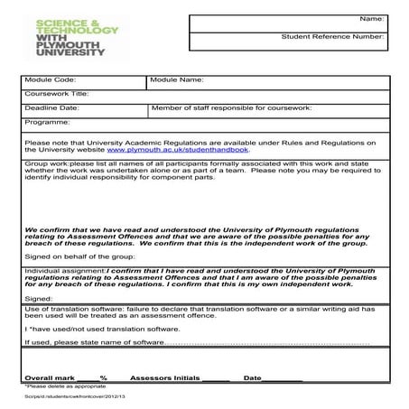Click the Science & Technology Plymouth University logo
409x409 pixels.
coord(77,38)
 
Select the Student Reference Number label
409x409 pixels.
coord(334,38)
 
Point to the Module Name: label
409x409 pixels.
coord(177,80)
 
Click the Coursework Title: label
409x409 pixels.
coord(57,94)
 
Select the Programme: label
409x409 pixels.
coord(48,121)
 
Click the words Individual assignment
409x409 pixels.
coord(65,270)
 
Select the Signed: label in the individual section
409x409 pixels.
coord(39,298)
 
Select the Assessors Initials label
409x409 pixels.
coord(164,377)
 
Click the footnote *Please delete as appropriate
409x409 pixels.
coord(62,386)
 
